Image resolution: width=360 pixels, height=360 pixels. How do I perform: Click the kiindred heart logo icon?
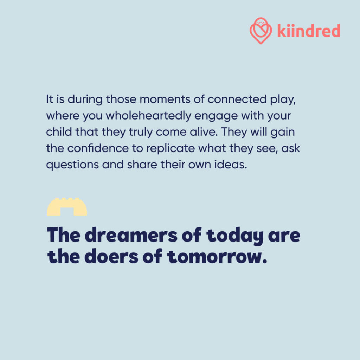coord(261,31)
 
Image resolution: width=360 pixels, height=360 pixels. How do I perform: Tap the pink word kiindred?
coord(309,31)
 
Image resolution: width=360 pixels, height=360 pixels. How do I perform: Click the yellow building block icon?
coord(67,207)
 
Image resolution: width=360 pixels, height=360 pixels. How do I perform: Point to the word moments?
coord(165,99)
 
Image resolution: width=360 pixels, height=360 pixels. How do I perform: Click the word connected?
coord(237,99)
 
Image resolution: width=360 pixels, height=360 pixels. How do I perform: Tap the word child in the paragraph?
coord(59,132)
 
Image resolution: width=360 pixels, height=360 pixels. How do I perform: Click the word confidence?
coord(98,148)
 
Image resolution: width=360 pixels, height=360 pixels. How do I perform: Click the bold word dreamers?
coord(131,235)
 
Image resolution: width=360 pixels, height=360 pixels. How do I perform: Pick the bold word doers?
coord(111,256)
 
